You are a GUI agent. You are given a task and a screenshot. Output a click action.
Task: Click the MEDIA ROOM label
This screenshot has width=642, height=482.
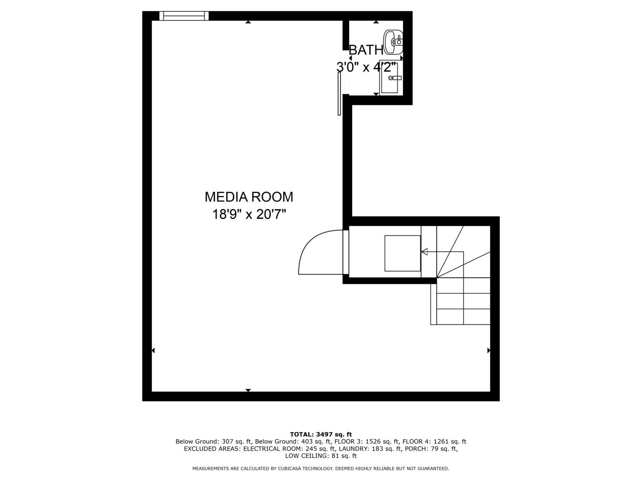(x=249, y=197)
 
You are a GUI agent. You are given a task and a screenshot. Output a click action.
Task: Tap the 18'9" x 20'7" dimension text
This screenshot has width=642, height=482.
(x=249, y=214)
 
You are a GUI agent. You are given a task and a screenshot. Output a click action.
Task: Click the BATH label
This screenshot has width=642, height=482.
(x=366, y=50)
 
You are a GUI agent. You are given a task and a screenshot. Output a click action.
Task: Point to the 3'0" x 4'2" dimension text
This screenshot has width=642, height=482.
(x=366, y=67)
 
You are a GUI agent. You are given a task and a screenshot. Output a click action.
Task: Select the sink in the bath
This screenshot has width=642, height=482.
(x=393, y=41)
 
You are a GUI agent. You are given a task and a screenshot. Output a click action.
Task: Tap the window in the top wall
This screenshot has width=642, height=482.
(x=184, y=16)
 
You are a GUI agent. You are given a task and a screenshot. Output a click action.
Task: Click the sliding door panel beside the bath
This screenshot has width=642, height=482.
(x=339, y=94)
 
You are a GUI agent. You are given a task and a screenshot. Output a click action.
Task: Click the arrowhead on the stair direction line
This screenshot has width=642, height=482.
(x=424, y=252)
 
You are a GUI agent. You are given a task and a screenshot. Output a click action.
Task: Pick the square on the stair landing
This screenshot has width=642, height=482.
(x=403, y=253)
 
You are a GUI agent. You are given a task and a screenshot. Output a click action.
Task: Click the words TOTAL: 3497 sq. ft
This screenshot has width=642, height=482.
(x=321, y=434)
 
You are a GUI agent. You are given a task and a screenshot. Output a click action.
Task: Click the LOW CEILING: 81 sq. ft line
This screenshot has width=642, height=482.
(x=321, y=456)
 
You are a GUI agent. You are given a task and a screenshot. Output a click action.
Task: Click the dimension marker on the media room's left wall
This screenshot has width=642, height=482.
(x=153, y=350)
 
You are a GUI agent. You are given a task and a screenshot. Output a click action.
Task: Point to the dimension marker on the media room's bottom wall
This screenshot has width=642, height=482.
(x=248, y=391)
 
